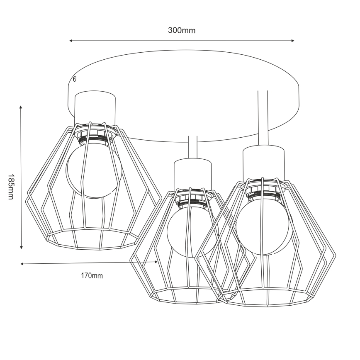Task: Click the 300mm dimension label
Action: click(x=181, y=30)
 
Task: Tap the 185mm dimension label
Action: click(x=10, y=186)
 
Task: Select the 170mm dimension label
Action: click(x=92, y=276)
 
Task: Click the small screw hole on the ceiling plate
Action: click(x=74, y=78)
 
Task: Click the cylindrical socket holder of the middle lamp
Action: click(x=192, y=174)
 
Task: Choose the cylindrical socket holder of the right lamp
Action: click(x=264, y=162)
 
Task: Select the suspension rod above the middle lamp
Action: click(x=192, y=148)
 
